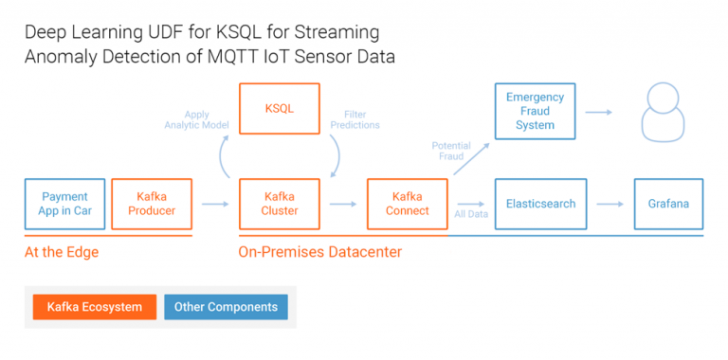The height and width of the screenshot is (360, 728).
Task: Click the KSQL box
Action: tap(279, 109)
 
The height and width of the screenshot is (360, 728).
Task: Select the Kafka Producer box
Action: tap(152, 204)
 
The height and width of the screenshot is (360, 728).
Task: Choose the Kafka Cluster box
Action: tap(279, 204)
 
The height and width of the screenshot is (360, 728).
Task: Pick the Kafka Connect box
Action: tap(408, 204)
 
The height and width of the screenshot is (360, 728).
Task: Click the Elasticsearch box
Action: tap(540, 204)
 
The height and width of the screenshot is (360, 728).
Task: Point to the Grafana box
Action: tap(668, 204)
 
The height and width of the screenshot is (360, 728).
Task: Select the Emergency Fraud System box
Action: tap(535, 111)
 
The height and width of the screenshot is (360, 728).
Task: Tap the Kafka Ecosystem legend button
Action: tap(94, 307)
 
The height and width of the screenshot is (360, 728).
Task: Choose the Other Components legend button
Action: tap(226, 307)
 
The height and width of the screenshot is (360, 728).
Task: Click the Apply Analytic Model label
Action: tap(191, 118)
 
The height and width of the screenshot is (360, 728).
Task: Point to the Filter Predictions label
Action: tap(355, 118)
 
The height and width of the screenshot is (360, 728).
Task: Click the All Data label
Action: tap(471, 215)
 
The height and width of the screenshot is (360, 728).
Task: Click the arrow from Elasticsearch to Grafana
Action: tap(607, 204)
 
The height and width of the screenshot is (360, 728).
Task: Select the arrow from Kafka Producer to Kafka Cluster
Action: tap(215, 204)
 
